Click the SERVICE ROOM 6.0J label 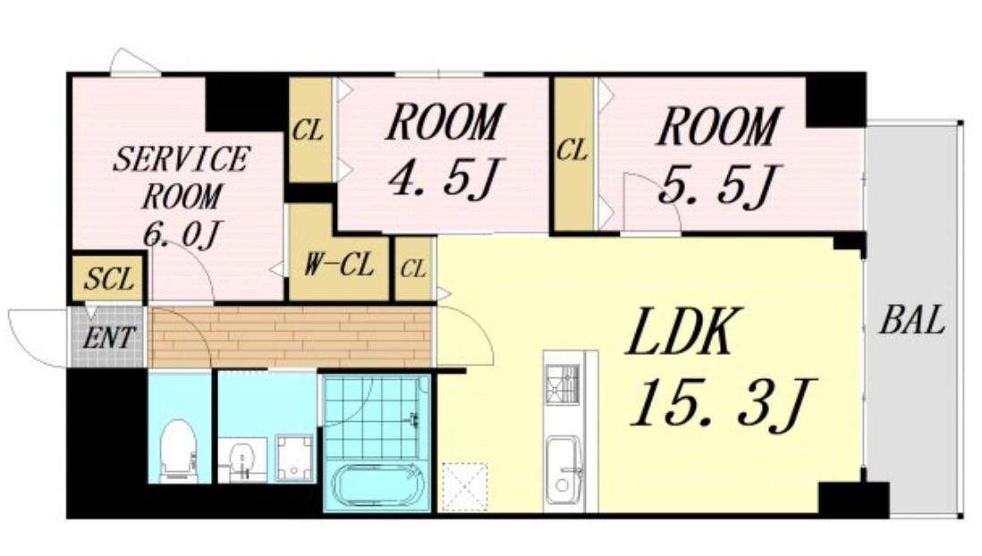(x=181, y=197)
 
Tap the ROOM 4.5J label (x=444, y=149)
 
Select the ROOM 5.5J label (x=719, y=156)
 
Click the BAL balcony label (x=912, y=320)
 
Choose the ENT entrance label (x=107, y=339)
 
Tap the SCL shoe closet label (x=109, y=279)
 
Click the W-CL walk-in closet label (x=339, y=265)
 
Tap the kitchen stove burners (x=562, y=384)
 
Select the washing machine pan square (x=294, y=459)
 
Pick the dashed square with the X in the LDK (x=465, y=487)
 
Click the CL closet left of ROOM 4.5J (x=309, y=131)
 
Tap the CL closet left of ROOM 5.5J (x=572, y=153)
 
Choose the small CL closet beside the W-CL (x=413, y=268)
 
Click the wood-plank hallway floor (x=292, y=335)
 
